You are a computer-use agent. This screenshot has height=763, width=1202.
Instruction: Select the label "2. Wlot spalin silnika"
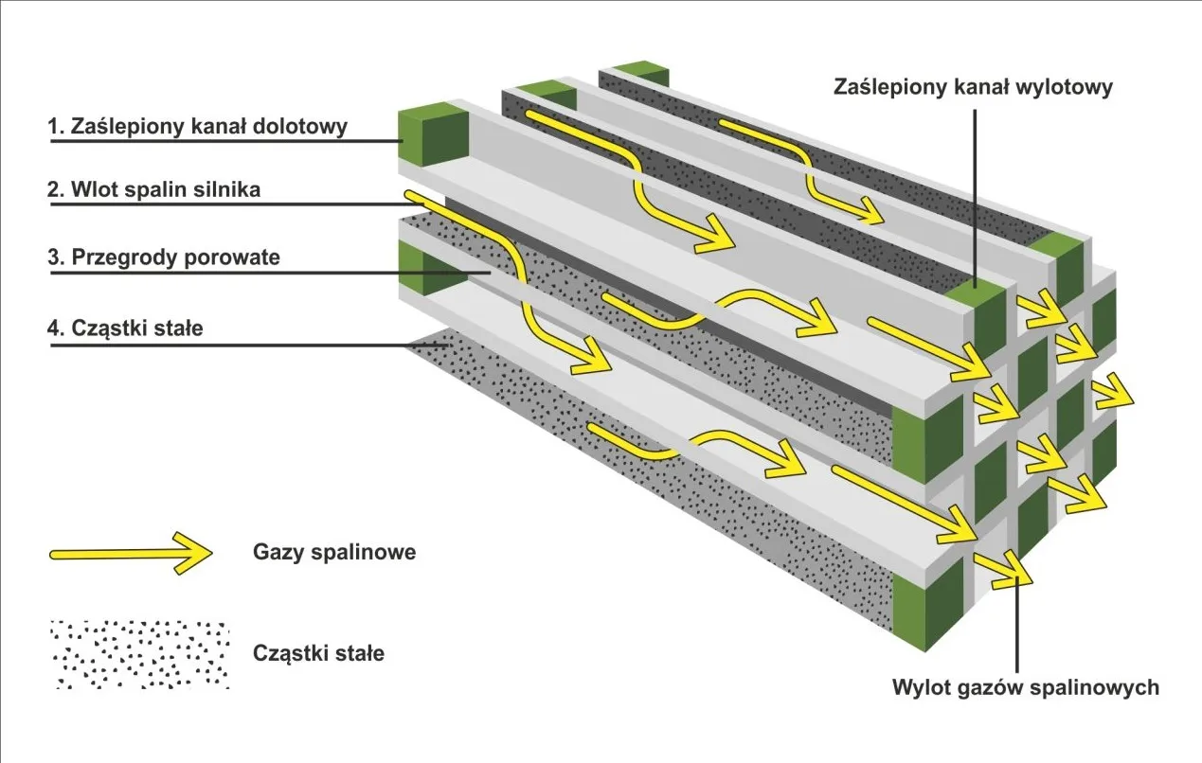[x=153, y=189]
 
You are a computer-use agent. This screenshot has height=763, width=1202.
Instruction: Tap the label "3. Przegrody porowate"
[x=164, y=257]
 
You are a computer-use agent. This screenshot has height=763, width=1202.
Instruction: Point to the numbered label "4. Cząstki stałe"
[x=125, y=328]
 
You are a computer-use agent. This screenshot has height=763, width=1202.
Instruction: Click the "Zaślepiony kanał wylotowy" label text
[x=973, y=87]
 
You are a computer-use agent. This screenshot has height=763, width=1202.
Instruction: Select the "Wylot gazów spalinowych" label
[x=1025, y=687]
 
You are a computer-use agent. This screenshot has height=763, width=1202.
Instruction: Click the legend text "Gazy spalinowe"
[x=334, y=552]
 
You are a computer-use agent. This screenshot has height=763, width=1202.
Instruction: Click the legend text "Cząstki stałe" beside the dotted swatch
[x=319, y=653]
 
